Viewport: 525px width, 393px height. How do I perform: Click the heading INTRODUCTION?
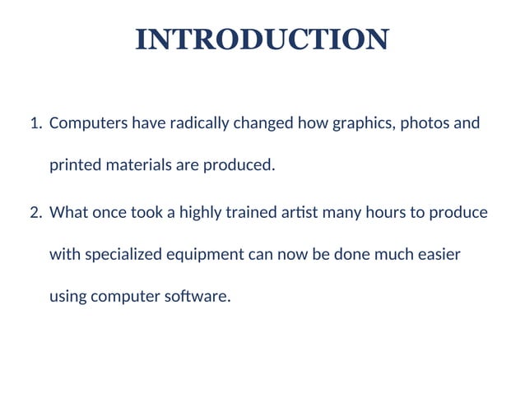(262, 39)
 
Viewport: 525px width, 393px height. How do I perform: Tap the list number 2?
(35, 213)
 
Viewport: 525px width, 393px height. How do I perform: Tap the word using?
(67, 297)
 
